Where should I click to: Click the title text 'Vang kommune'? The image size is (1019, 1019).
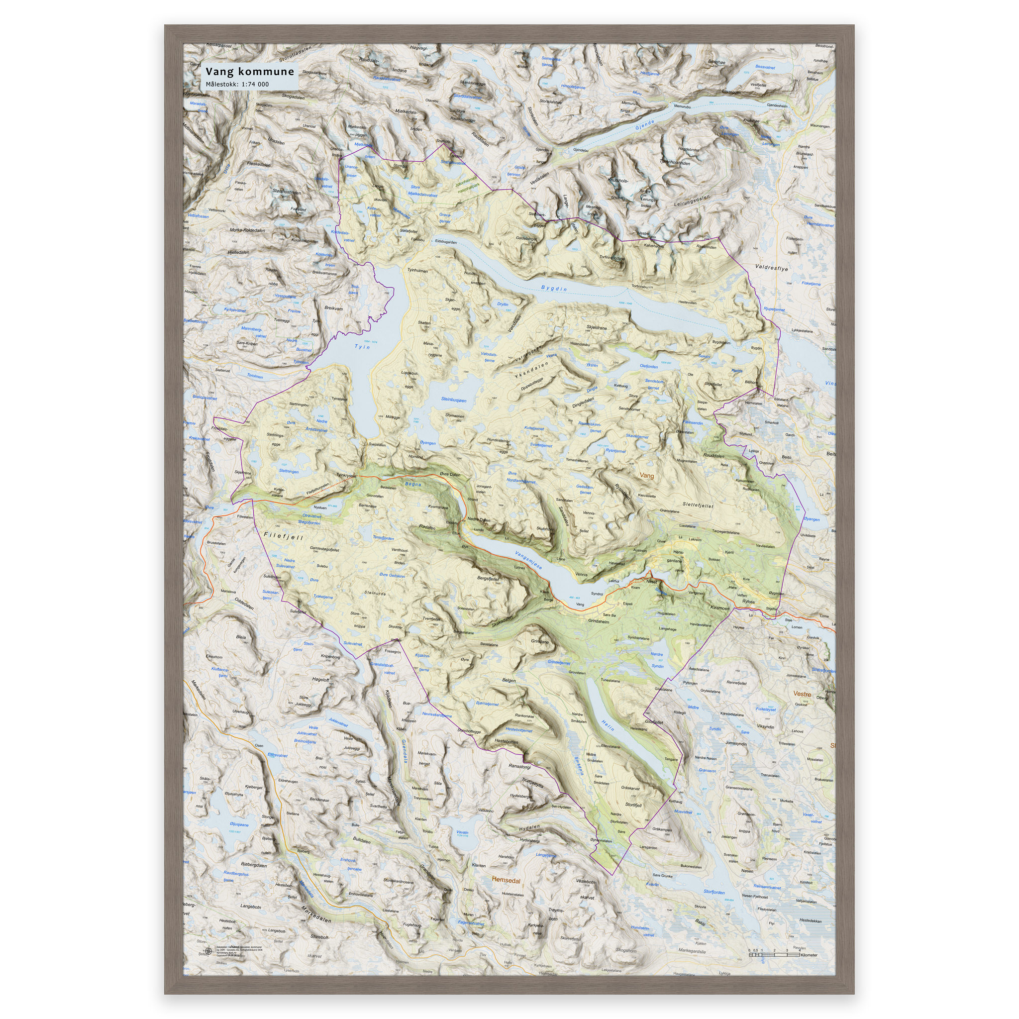click(249, 72)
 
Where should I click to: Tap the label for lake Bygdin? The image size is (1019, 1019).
click(554, 289)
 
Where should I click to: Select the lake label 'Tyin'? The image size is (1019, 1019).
click(362, 346)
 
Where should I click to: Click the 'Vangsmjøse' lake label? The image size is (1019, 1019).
click(528, 560)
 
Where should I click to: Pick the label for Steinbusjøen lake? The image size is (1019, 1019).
click(454, 400)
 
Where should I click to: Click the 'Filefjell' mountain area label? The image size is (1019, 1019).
click(284, 536)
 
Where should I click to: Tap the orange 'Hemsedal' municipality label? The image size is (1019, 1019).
click(506, 880)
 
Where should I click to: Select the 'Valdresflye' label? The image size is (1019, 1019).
click(771, 268)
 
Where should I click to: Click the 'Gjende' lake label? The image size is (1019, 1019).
click(644, 125)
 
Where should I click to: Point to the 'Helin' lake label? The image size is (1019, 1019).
click(608, 725)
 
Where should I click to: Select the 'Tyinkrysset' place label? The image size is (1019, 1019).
click(346, 475)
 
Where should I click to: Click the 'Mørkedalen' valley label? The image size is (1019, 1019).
click(316, 914)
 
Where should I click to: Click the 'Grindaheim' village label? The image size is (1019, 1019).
click(598, 621)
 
